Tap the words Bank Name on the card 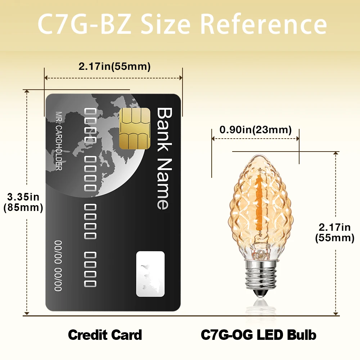click(x=163, y=158)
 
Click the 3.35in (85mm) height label click(x=23, y=202)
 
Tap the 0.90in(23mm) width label click(x=256, y=130)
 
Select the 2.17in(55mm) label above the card click(x=114, y=67)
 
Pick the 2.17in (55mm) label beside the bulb click(x=334, y=232)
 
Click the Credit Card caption click(x=105, y=335)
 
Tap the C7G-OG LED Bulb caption click(x=258, y=335)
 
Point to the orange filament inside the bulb click(x=258, y=202)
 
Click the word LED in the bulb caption click(x=271, y=335)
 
